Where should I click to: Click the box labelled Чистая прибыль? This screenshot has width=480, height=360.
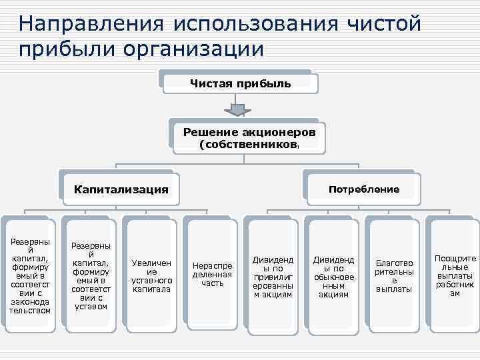240,83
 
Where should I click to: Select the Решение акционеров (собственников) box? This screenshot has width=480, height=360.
249,138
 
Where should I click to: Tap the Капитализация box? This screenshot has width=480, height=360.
121,189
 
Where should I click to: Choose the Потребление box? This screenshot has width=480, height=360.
363,189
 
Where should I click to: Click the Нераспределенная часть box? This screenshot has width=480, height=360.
213,273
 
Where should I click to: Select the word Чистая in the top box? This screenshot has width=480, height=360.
211,83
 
